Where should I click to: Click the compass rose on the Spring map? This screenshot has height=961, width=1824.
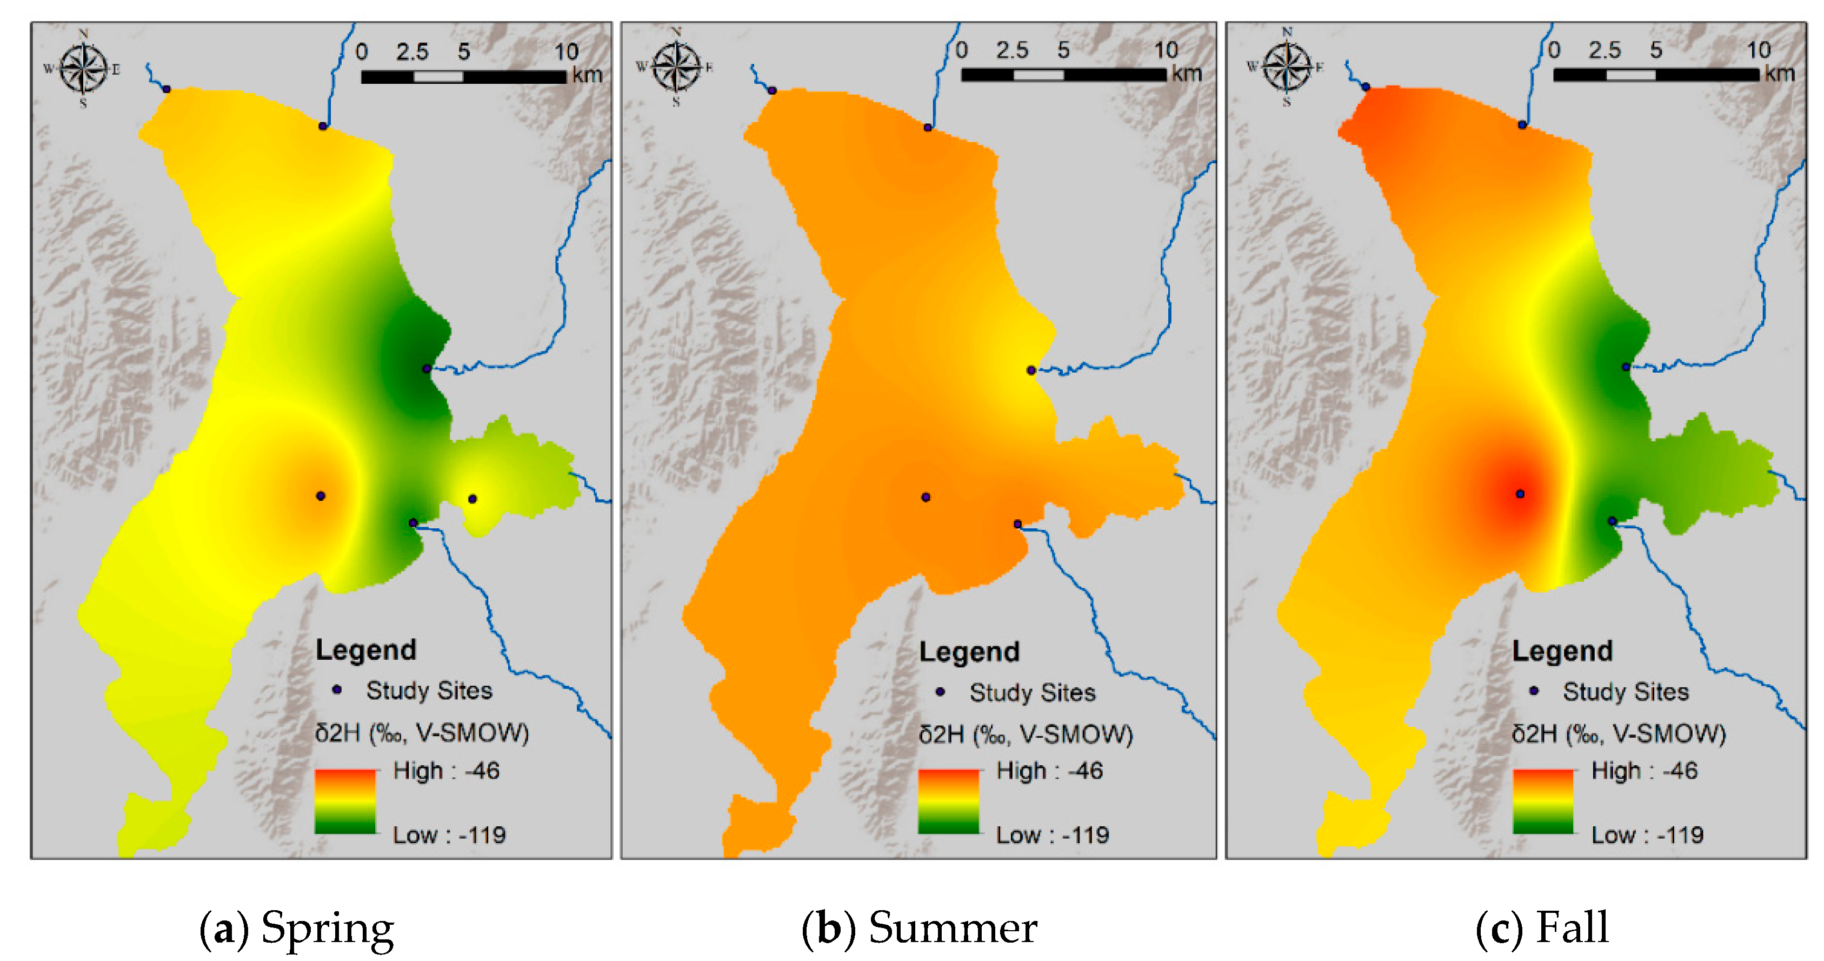(x=84, y=69)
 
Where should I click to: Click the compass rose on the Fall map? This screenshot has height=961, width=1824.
(x=1287, y=67)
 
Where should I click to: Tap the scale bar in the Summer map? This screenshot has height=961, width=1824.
(x=1063, y=74)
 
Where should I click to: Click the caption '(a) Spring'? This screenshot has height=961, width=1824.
(x=297, y=927)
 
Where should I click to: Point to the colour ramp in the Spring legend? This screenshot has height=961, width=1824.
(x=345, y=801)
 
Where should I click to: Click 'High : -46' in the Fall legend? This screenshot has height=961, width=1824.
(x=1643, y=771)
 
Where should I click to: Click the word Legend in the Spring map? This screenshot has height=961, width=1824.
(x=365, y=650)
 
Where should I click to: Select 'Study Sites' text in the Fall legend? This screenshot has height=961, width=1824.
(x=1626, y=692)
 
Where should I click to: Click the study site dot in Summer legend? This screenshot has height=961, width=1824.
(x=940, y=692)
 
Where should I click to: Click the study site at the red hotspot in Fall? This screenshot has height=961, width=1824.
(x=1520, y=494)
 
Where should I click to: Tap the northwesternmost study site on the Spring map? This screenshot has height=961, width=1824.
(x=167, y=89)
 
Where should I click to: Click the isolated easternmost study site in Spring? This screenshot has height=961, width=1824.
(x=472, y=499)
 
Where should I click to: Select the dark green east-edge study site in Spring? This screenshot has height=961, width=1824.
(x=426, y=368)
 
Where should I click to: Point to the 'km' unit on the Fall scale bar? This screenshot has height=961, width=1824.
(x=1779, y=74)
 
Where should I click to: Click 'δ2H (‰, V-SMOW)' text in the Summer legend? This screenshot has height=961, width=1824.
(x=1026, y=734)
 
